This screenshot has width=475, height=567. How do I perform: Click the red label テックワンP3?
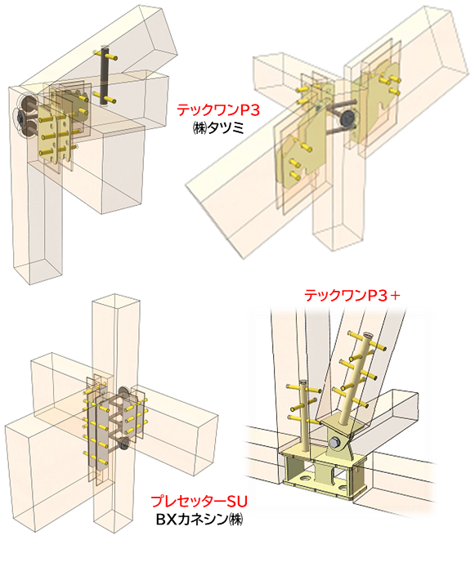coord(218,110)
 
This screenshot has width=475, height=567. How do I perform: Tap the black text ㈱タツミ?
coord(218,128)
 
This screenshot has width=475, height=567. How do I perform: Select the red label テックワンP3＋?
coord(352,296)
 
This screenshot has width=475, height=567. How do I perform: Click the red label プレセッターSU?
coord(199,502)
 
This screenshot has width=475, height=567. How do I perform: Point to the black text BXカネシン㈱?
coord(199,520)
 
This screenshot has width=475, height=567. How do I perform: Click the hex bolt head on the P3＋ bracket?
coord(335,442)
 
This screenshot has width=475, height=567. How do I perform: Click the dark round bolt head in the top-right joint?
coord(349,118)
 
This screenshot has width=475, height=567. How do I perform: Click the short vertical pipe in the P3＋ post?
coord(305,415)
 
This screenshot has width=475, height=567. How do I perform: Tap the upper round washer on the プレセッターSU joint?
coord(123,392)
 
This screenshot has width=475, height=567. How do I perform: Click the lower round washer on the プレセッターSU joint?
coord(124,443)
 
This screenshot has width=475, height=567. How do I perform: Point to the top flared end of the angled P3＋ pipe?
coord(368,335)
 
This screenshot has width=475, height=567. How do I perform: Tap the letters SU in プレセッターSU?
coord(237,502)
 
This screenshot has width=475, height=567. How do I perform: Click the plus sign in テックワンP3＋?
coord(395,296)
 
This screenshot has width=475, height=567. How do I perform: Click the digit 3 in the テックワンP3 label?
coord(255,110)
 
